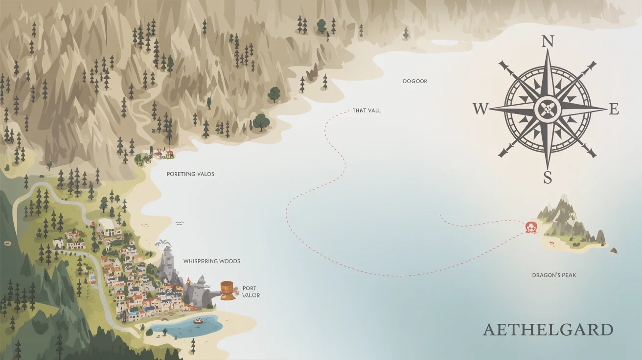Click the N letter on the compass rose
tap(548, 42)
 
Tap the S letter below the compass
tap(548, 177)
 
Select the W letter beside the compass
tap(481, 109)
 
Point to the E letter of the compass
tap(614, 110)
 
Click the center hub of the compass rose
tap(547, 109)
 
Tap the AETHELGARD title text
tap(548, 329)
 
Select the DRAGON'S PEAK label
tap(554, 275)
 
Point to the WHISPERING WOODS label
tap(212, 261)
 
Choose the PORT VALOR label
tap(251, 292)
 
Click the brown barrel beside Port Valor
tap(227, 290)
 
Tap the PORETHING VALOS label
tap(190, 174)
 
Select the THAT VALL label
tap(367, 111)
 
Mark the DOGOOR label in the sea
tap(415, 81)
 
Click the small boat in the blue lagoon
tap(198, 321)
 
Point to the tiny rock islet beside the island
tap(613, 250)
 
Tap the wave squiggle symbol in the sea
tap(179, 223)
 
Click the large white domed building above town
tap(109, 226)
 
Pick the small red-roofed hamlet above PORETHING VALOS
tap(163, 154)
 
